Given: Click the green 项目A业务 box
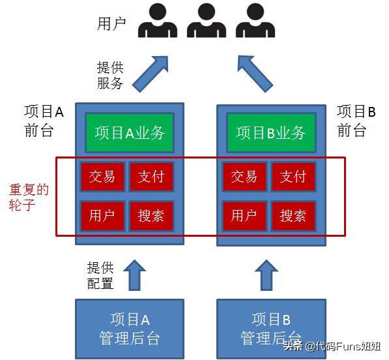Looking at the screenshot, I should coord(130,132).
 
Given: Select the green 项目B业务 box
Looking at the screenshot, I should coord(270,132).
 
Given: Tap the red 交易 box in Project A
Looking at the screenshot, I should coord(102,176).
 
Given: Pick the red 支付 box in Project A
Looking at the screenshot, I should coord(151,176).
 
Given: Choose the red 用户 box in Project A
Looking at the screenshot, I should coord(102,215).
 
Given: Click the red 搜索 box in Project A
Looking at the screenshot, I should coord(151,215).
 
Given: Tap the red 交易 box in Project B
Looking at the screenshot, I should coord(244,176).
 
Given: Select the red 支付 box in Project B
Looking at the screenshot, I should coord(293,176).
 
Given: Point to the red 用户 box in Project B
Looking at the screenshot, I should coord(244,215).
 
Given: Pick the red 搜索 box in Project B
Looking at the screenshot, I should coord(293,215).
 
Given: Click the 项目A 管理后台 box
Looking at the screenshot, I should coord(130,328).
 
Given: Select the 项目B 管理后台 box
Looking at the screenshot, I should coord(270,328).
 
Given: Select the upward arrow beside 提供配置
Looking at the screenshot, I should coord(136,275).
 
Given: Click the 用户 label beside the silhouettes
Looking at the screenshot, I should coord(111,24).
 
